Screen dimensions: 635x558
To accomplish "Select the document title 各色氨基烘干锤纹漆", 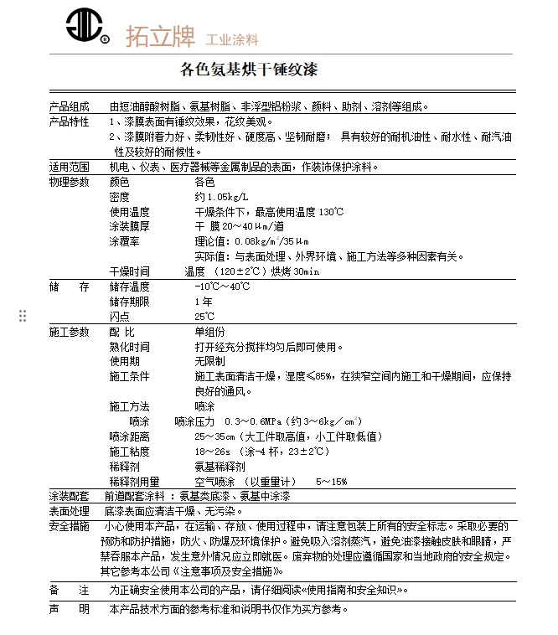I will tap(250, 69).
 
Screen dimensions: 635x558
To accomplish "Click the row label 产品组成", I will tap(69, 106).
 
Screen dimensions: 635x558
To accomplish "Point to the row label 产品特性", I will tap(69, 121).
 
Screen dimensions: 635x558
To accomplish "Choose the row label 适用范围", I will tap(69, 167).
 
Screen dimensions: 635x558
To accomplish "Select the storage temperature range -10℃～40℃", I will tap(222, 287).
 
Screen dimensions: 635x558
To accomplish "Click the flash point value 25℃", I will tap(204, 317).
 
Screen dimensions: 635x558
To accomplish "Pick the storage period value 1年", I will tap(204, 302).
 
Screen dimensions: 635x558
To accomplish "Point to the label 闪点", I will tap(119, 317).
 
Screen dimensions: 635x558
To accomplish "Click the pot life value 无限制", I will tap(209, 361).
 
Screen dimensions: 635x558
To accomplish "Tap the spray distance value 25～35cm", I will tap(214, 436).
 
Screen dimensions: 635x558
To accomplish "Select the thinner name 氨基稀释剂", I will tap(220, 467).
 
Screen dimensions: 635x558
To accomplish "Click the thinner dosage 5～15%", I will tap(331, 482).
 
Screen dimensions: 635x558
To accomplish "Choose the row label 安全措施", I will tap(69, 526).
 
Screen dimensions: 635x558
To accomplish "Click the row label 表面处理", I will tap(69, 511).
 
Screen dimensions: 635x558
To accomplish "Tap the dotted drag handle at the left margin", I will tap(23, 315).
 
